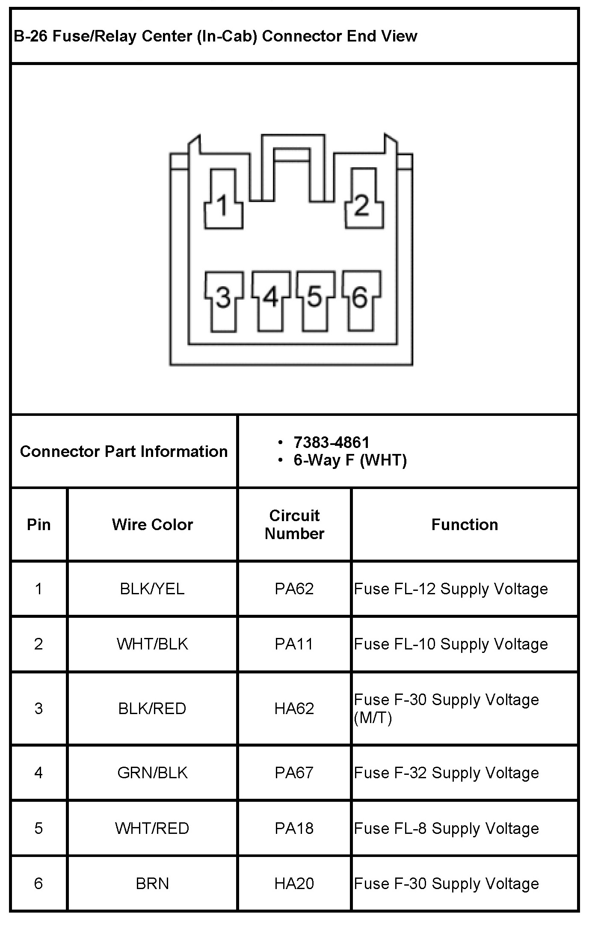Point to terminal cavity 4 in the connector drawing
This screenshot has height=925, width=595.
click(x=270, y=299)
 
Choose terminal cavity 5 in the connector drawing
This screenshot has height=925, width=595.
click(x=315, y=299)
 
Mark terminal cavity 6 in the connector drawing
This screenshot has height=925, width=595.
click(x=361, y=299)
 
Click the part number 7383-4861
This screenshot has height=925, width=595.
click(x=332, y=442)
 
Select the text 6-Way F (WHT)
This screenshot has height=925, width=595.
click(x=350, y=460)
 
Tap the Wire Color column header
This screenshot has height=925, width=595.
click(x=152, y=525)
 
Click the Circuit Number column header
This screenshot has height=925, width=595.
click(x=294, y=525)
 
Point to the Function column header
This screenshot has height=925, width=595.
click(x=465, y=525)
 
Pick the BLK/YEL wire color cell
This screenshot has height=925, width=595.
click(x=152, y=589)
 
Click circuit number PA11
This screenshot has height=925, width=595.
click(x=294, y=644)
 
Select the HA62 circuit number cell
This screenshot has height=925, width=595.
click(x=294, y=709)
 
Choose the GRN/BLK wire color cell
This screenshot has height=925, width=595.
click(x=152, y=773)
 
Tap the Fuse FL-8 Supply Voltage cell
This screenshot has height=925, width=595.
click(x=447, y=828)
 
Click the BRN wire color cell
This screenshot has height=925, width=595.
click(x=152, y=883)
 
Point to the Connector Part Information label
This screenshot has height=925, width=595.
click(x=124, y=451)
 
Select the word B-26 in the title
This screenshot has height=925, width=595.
click(x=30, y=36)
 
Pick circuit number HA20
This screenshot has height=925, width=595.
click(x=294, y=883)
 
